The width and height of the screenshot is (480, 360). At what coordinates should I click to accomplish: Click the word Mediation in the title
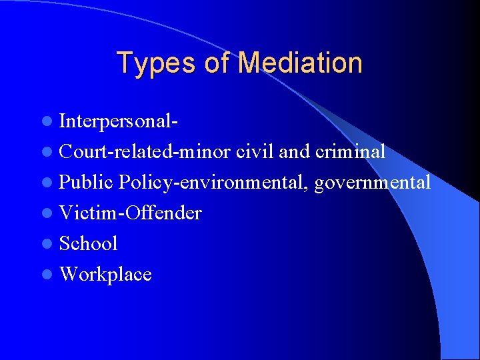[x=300, y=63]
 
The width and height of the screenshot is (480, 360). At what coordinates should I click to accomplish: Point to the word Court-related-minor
[x=146, y=152]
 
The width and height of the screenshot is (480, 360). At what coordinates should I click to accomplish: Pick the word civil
[x=256, y=152]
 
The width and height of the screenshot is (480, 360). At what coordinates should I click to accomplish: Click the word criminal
[x=350, y=152]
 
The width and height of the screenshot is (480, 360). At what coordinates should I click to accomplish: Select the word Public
[x=87, y=183]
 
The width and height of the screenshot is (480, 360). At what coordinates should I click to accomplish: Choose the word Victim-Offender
[x=131, y=213]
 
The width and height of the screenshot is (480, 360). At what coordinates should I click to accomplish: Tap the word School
[x=89, y=244]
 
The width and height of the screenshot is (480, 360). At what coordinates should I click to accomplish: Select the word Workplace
[x=106, y=275]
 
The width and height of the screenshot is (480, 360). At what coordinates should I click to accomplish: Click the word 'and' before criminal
[x=294, y=152]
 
